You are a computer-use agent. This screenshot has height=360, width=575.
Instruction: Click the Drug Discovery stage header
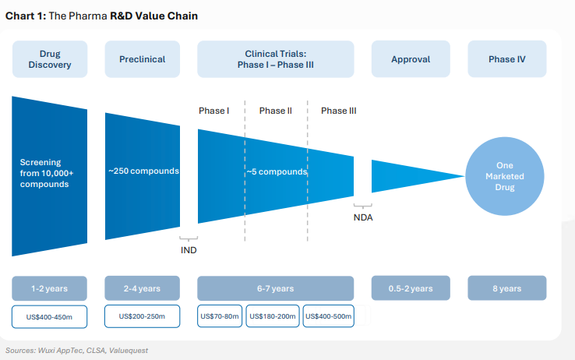coord(49,59)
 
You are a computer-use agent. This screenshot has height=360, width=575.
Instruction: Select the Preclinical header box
coord(142,59)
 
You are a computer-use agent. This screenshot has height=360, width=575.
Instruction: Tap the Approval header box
coord(410,59)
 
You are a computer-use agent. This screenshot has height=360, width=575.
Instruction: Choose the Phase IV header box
coord(506,59)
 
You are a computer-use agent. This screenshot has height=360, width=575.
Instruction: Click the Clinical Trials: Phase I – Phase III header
coord(275,59)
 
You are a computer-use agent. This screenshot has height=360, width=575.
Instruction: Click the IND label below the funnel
coord(189,250)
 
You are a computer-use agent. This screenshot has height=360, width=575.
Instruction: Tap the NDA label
coord(363,217)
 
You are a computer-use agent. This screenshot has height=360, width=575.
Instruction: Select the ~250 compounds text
coord(143,171)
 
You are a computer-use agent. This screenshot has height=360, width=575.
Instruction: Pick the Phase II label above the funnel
coord(276,111)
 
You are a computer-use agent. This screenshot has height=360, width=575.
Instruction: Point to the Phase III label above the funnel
coord(339,111)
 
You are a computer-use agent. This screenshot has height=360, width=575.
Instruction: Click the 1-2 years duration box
coord(49,288)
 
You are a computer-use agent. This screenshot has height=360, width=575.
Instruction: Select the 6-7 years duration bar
coord(275,288)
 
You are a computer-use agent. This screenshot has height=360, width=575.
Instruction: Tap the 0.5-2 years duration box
coord(410,288)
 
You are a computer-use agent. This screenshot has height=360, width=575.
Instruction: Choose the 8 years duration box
coord(506,288)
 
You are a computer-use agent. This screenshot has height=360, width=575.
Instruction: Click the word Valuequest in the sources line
coord(129,351)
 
